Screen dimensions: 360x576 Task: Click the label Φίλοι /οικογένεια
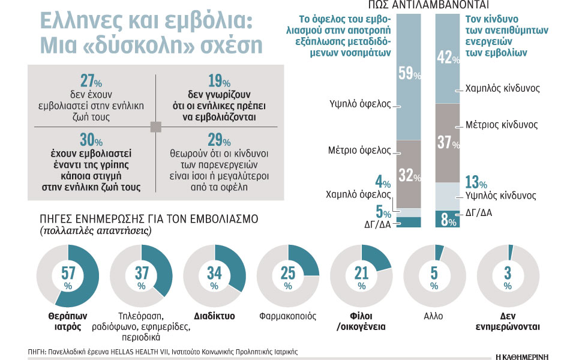pos(362,322)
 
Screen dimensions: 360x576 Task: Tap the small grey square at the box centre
pos(155,127)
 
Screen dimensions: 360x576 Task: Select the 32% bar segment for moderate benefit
pos(409,174)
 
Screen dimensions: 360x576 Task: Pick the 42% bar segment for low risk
pos(448,57)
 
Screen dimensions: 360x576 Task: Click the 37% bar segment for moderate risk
pos(448,142)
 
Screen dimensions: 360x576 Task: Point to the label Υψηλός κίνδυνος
pos(500,196)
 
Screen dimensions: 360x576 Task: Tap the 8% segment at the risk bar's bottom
pos(448,220)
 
